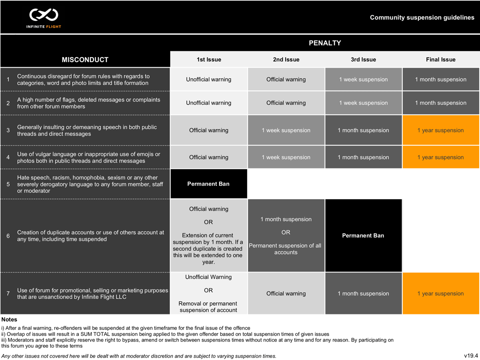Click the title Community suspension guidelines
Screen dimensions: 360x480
(x=422, y=18)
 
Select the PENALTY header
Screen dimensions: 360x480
(x=325, y=43)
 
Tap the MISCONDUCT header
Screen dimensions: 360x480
(x=85, y=60)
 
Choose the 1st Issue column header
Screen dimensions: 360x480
(x=209, y=60)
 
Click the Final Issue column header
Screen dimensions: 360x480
(x=440, y=60)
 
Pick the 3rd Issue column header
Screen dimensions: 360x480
(x=363, y=60)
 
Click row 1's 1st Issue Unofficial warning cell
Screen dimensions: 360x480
(x=209, y=80)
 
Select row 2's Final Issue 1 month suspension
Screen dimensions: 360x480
(x=440, y=103)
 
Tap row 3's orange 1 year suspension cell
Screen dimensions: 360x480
(x=440, y=130)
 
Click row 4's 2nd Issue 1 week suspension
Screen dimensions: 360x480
(x=286, y=157)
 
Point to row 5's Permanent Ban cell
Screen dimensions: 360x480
(x=209, y=184)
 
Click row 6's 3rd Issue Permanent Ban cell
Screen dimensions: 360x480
(x=363, y=236)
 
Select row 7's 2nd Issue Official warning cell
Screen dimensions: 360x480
(x=286, y=294)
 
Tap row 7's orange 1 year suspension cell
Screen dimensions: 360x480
(x=440, y=294)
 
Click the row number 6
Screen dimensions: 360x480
(x=8, y=236)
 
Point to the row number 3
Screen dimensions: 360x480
(x=8, y=130)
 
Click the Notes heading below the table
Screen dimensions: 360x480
(x=10, y=320)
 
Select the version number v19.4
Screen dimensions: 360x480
(x=469, y=355)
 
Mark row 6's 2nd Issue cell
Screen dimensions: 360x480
(x=286, y=236)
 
